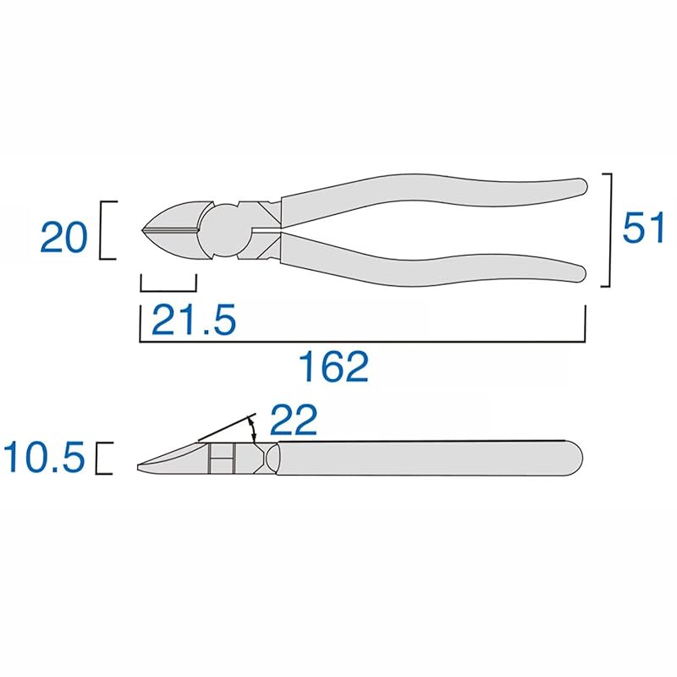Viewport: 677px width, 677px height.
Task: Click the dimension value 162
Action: point(334,366)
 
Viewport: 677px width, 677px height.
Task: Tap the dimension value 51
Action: point(643,228)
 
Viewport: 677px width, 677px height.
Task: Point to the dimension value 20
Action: point(63,238)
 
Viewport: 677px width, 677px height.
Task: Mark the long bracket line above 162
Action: point(362,341)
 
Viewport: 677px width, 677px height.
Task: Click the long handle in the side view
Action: point(432,459)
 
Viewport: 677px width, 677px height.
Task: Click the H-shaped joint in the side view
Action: point(223,460)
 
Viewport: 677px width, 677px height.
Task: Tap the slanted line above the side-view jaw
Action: point(224,428)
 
